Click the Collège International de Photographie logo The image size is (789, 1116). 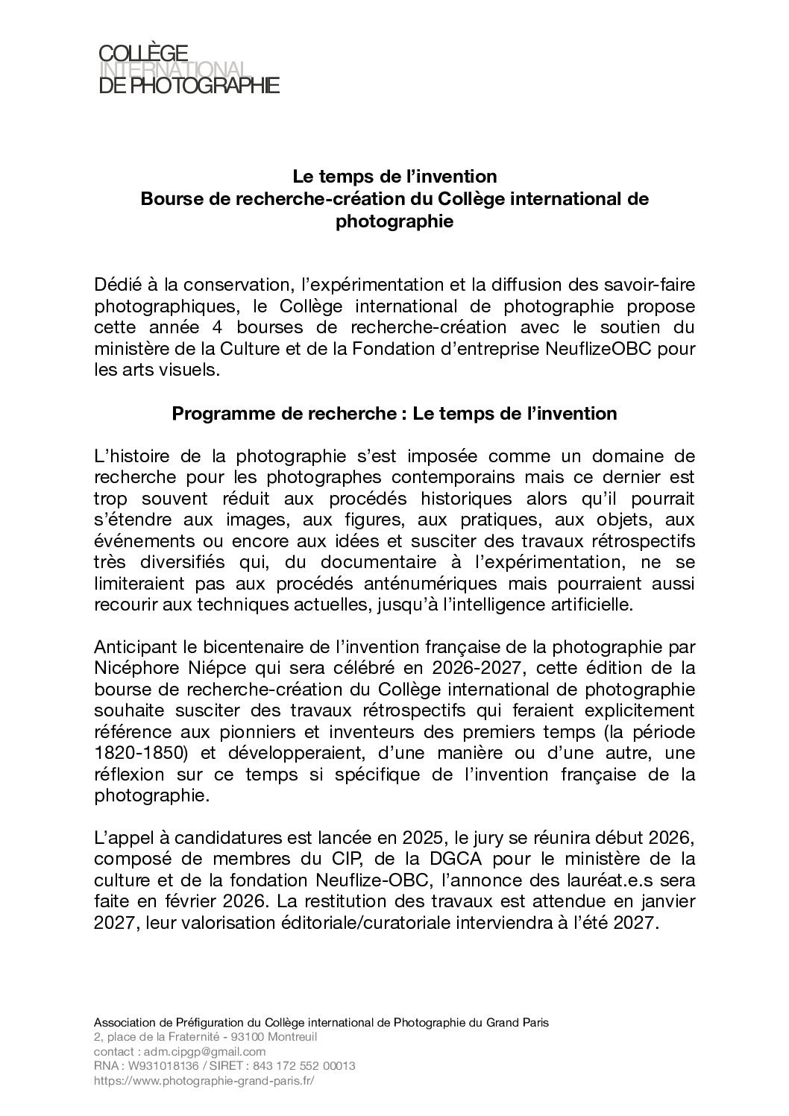coord(189,69)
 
